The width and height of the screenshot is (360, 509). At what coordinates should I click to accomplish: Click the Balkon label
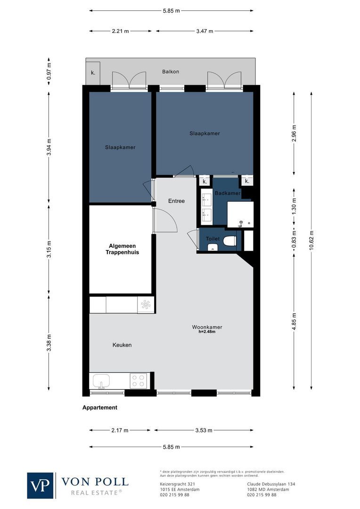171,72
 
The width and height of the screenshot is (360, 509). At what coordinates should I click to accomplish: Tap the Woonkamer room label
207,327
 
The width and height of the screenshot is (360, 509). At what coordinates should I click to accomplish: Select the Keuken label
122,345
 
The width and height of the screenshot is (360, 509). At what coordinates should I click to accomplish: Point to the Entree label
176,201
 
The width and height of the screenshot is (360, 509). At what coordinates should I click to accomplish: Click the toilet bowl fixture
229,241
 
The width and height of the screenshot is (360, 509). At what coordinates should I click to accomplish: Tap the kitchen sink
101,380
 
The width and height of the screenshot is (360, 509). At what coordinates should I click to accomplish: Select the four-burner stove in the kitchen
138,380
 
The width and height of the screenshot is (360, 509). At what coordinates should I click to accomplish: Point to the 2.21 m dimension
121,31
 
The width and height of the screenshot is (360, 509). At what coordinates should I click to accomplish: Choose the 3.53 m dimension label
203,430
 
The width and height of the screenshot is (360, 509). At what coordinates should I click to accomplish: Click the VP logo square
41,485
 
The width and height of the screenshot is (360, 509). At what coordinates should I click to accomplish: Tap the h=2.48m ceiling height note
207,332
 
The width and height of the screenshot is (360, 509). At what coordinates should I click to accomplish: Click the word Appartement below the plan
99,408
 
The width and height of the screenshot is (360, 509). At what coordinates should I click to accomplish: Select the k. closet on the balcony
93,73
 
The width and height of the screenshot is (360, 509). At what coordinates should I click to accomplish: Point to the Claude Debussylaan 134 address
271,484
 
